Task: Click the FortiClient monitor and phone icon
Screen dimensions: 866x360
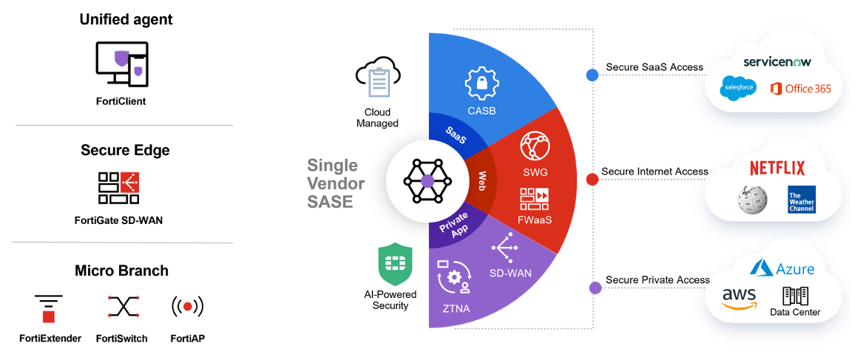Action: (121, 64)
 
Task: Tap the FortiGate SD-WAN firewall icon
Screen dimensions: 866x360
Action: (118, 189)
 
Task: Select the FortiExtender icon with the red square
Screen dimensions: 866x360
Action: (49, 309)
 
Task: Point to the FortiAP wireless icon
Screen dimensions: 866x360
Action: (188, 305)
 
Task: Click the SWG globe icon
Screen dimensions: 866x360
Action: (535, 147)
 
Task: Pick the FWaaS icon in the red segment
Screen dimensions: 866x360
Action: (534, 199)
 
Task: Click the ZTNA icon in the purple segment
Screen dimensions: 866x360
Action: (453, 276)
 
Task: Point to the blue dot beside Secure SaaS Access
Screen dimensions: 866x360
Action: (592, 75)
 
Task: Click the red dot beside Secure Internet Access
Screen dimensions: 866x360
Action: (592, 179)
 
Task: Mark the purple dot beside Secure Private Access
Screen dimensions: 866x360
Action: (595, 288)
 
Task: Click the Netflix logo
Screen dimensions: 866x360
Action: (777, 168)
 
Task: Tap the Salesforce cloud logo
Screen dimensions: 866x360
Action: (738, 89)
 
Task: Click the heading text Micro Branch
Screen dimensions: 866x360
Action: (121, 271)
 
